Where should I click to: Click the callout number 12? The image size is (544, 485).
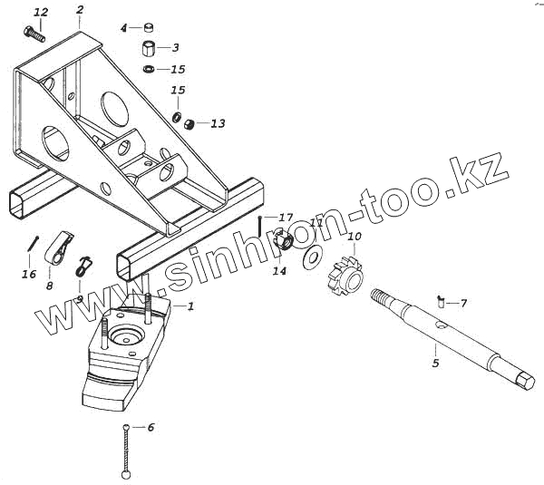coord(40,12)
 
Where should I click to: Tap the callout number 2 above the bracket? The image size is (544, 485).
coord(80,10)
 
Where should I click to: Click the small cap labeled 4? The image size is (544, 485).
coord(149,28)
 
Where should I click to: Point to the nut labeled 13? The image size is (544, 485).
coord(190,123)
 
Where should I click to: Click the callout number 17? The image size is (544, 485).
coord(286,218)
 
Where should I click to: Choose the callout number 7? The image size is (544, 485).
coord(463,303)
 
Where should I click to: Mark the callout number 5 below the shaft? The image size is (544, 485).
coord(435,363)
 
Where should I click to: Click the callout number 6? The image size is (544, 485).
coord(151,426)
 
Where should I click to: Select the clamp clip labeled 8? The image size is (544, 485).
coord(61,249)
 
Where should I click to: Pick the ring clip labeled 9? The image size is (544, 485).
coord(83,266)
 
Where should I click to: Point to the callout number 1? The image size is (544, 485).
coord(190,306)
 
